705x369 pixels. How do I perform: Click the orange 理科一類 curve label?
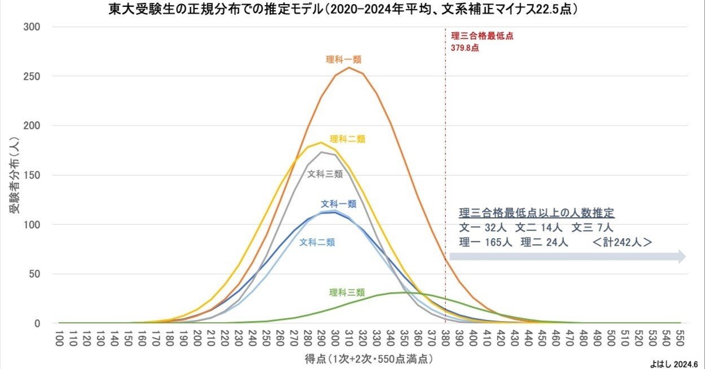[x=343, y=59]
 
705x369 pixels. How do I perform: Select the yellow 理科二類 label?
[x=348, y=139]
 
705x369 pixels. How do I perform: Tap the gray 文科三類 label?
[x=325, y=174]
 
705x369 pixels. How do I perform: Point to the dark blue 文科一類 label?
[x=339, y=204]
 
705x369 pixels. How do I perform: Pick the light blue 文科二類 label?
[x=317, y=242]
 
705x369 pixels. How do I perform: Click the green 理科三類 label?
[x=347, y=292]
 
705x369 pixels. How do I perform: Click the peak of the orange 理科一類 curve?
[x=349, y=68]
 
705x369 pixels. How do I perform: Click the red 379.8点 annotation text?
[x=465, y=48]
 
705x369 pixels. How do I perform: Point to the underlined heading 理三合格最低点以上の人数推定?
[x=536, y=214]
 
